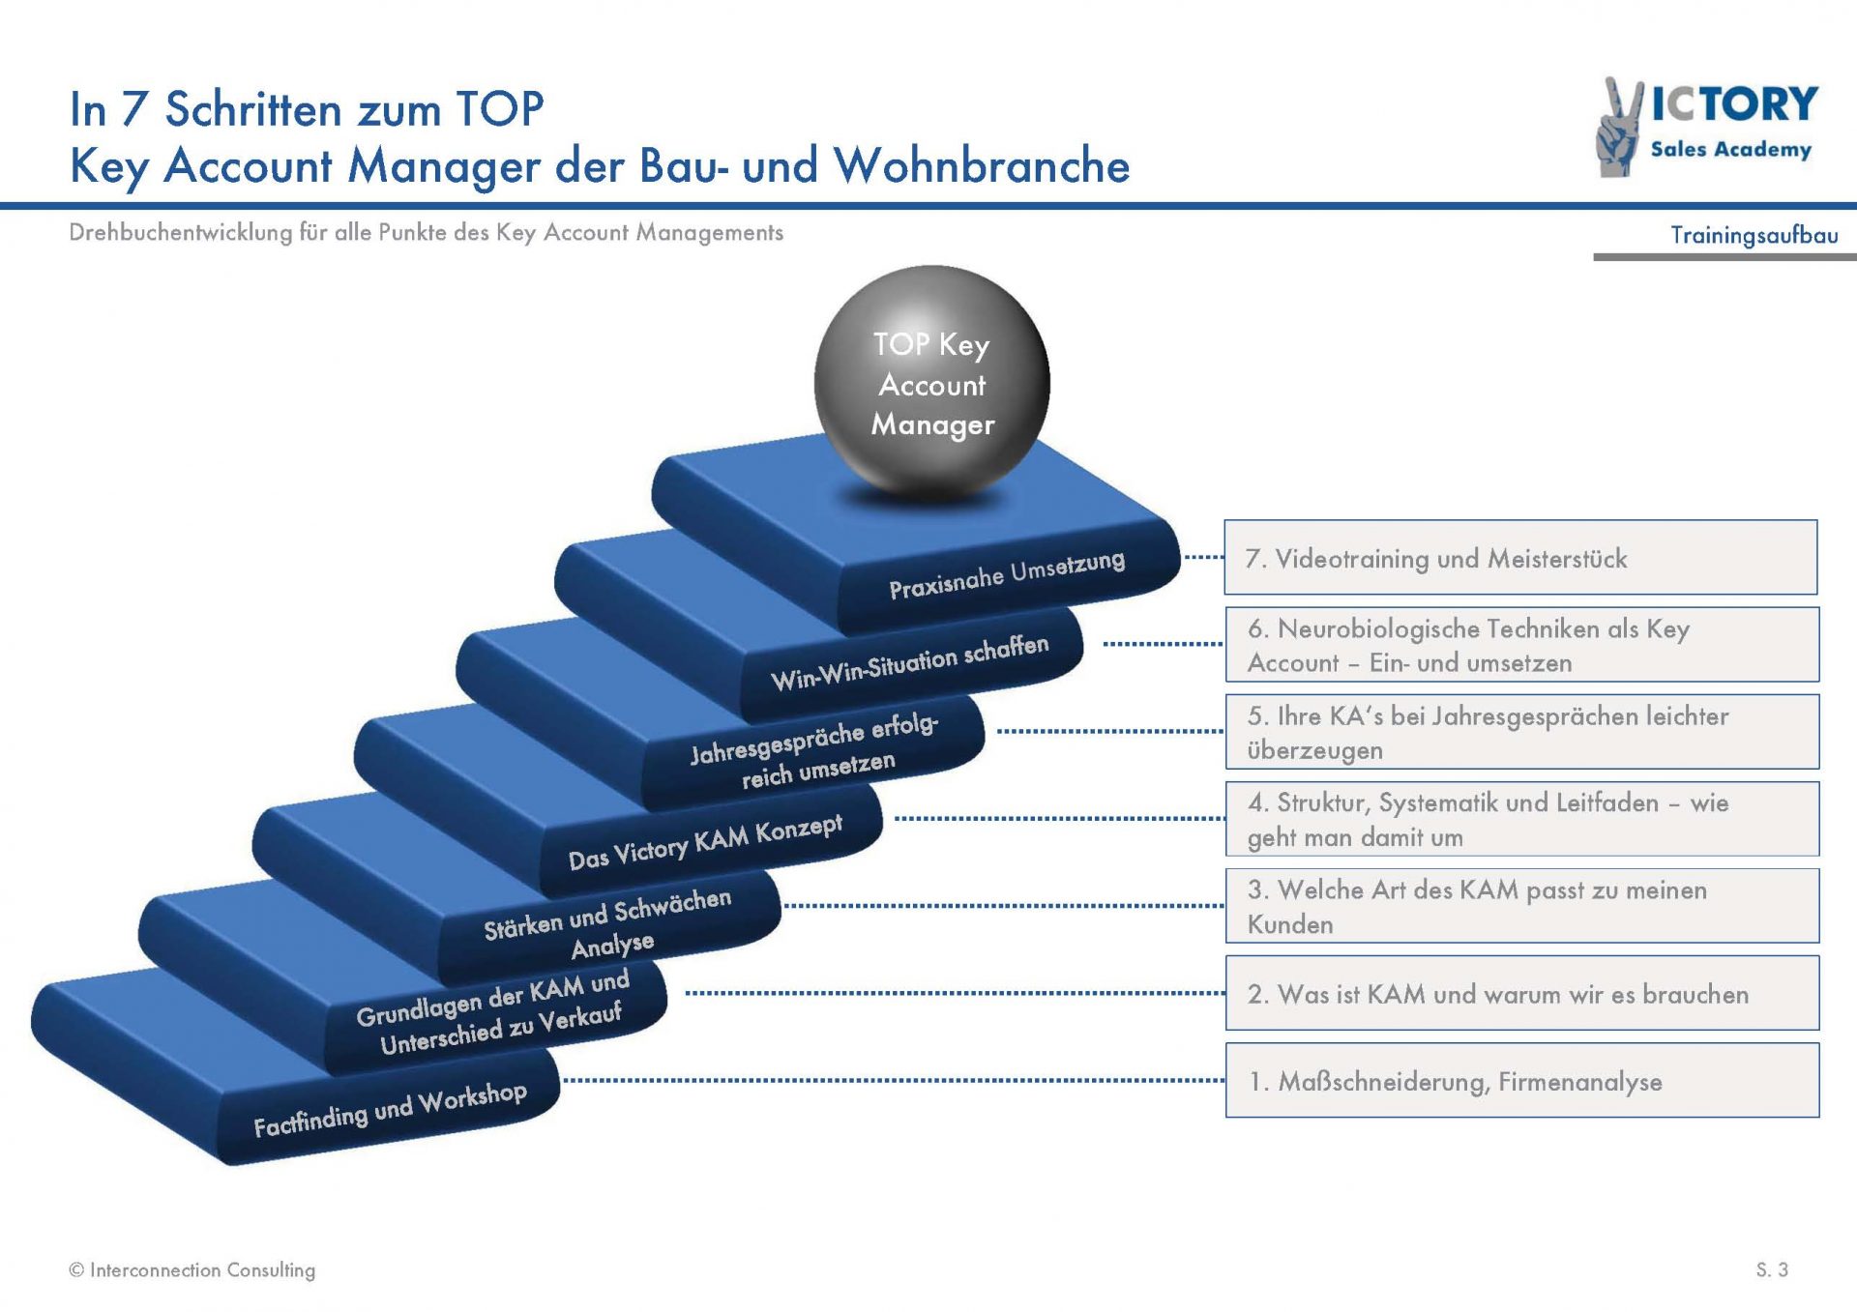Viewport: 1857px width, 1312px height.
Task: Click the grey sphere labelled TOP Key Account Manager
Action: tap(931, 384)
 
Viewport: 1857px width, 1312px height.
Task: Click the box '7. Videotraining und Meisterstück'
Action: tap(1520, 557)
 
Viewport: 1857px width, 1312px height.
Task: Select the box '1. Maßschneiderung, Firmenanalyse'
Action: tap(1522, 1080)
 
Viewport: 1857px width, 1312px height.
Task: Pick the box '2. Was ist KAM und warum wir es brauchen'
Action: tap(1522, 993)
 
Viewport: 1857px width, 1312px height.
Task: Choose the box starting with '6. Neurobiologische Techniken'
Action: tap(1522, 644)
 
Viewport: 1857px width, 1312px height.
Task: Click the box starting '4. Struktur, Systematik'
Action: tap(1522, 819)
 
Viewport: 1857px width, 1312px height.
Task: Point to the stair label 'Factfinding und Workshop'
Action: tap(390, 1109)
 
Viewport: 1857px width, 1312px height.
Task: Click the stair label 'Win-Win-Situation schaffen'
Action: tap(909, 662)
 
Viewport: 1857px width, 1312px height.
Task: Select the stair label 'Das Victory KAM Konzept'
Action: tap(705, 842)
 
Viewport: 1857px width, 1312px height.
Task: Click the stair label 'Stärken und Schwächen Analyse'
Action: tap(608, 924)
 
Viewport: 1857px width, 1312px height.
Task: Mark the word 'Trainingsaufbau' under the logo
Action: tap(1754, 235)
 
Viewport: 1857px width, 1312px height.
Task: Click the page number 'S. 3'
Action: tap(1773, 1269)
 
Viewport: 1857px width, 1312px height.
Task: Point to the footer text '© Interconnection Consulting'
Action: tap(192, 1270)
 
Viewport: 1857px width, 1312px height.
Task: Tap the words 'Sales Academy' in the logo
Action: tap(1731, 149)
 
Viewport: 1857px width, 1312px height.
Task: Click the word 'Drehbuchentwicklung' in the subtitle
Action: tap(181, 232)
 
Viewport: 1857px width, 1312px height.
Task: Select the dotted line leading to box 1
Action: tap(894, 1080)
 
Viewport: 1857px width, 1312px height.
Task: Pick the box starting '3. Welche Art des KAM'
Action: tap(1522, 906)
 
